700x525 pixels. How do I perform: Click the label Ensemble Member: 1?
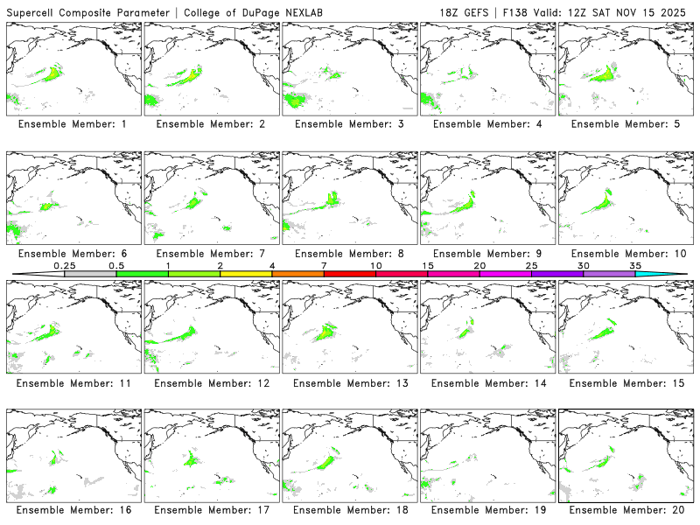[72, 124]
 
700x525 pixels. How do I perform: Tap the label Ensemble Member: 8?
[348, 254]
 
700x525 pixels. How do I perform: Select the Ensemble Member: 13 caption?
[348, 382]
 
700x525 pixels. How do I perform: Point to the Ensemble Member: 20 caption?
[625, 509]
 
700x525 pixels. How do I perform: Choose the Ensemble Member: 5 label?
[625, 124]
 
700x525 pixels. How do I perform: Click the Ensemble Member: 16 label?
[72, 509]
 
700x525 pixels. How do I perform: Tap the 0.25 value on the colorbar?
[64, 265]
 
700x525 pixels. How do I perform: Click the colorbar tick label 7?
[324, 265]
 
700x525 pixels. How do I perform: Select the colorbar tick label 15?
[427, 265]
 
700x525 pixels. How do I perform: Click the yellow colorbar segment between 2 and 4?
[246, 274]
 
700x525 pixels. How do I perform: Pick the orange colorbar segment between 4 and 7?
[297, 274]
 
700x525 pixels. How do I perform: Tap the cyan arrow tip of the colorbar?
[674, 274]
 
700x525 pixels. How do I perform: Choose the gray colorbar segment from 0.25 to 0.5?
[90, 274]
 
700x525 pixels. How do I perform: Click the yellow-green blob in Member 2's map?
[185, 76]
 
